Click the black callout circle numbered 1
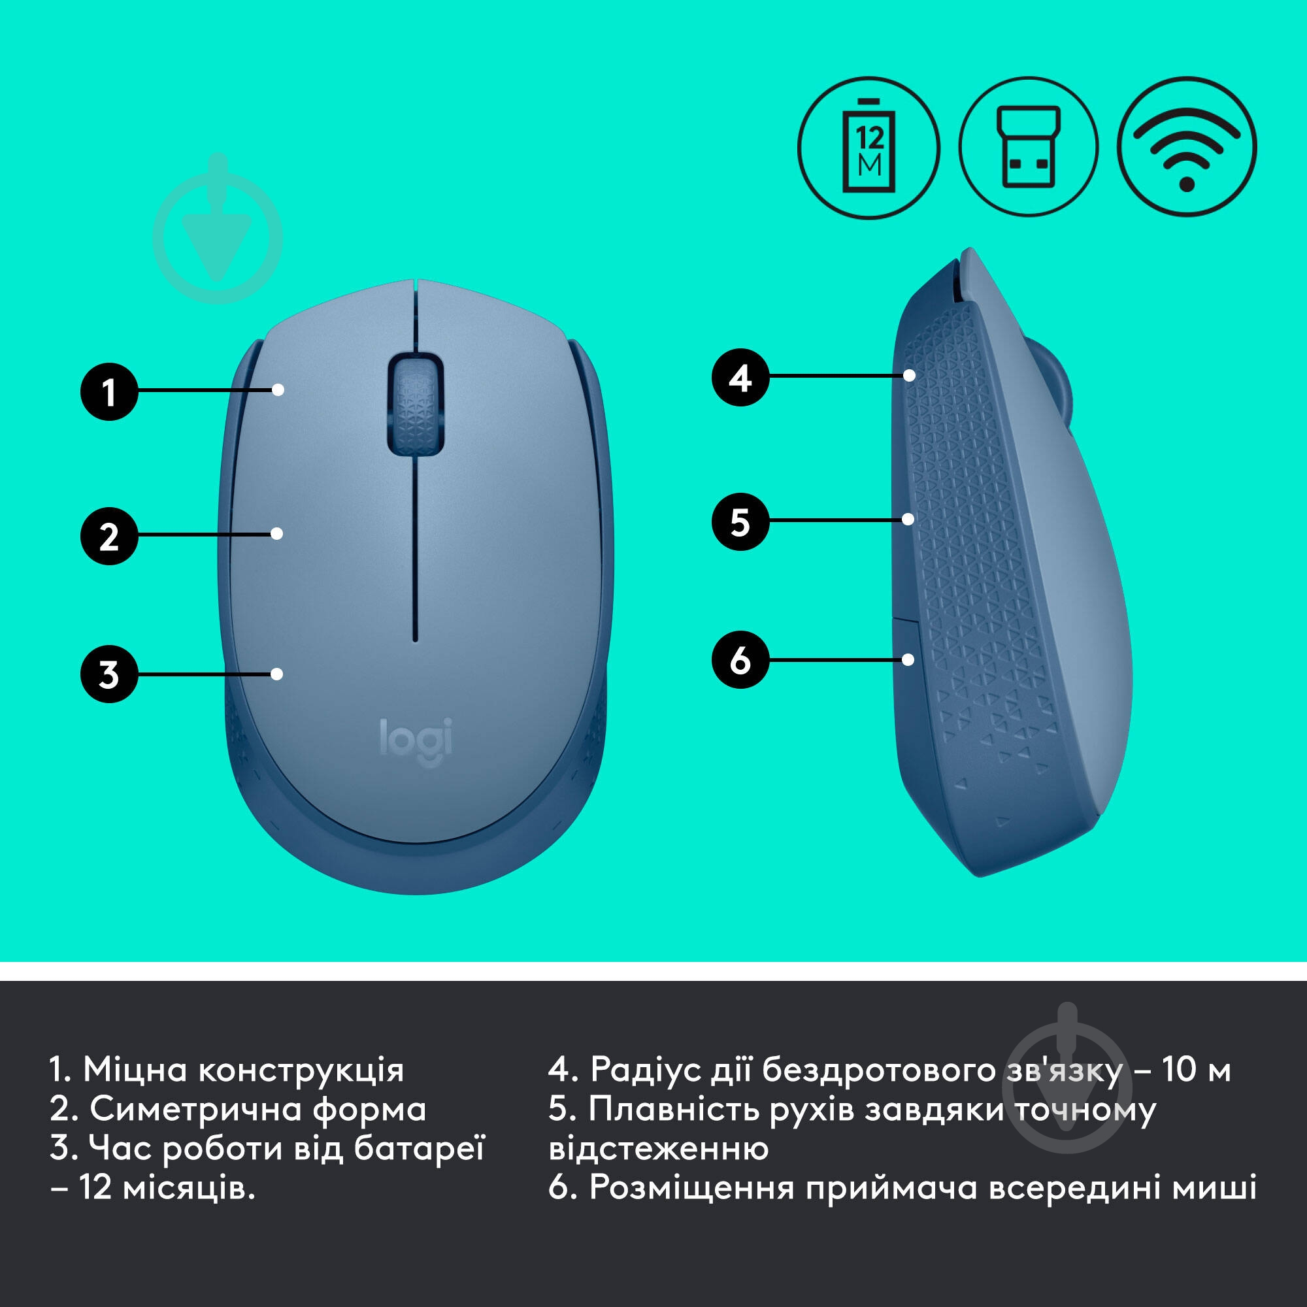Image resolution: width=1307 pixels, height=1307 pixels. coord(109,391)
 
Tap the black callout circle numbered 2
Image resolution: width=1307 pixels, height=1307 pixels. coord(109,537)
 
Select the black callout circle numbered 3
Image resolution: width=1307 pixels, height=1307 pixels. coord(109,674)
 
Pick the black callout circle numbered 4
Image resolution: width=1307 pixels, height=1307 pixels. coord(740,378)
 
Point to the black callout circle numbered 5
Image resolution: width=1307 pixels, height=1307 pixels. coord(740,521)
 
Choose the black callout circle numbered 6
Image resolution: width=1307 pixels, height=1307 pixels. coord(740,659)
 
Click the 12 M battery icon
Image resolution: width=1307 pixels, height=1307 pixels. coord(869,148)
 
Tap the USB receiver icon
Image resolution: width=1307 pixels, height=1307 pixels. coord(1028,148)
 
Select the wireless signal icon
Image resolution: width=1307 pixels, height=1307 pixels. coord(1187,148)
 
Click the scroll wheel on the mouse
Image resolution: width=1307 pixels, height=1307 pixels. coord(415,403)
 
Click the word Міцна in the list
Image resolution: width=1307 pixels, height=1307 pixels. coord(135,1070)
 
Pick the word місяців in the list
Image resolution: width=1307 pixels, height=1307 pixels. coord(189,1188)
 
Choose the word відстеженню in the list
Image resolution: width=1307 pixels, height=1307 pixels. coord(658,1149)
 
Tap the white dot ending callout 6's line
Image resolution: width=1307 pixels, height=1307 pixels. coord(908,659)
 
